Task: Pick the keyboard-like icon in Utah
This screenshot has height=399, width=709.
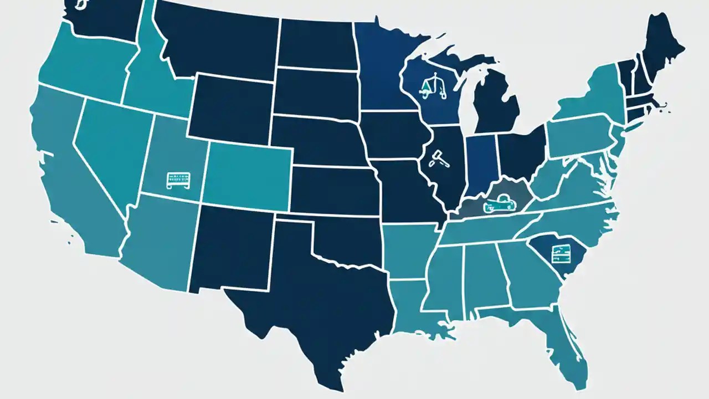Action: (180, 180)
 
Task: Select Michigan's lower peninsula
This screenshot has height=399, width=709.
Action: (496, 105)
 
